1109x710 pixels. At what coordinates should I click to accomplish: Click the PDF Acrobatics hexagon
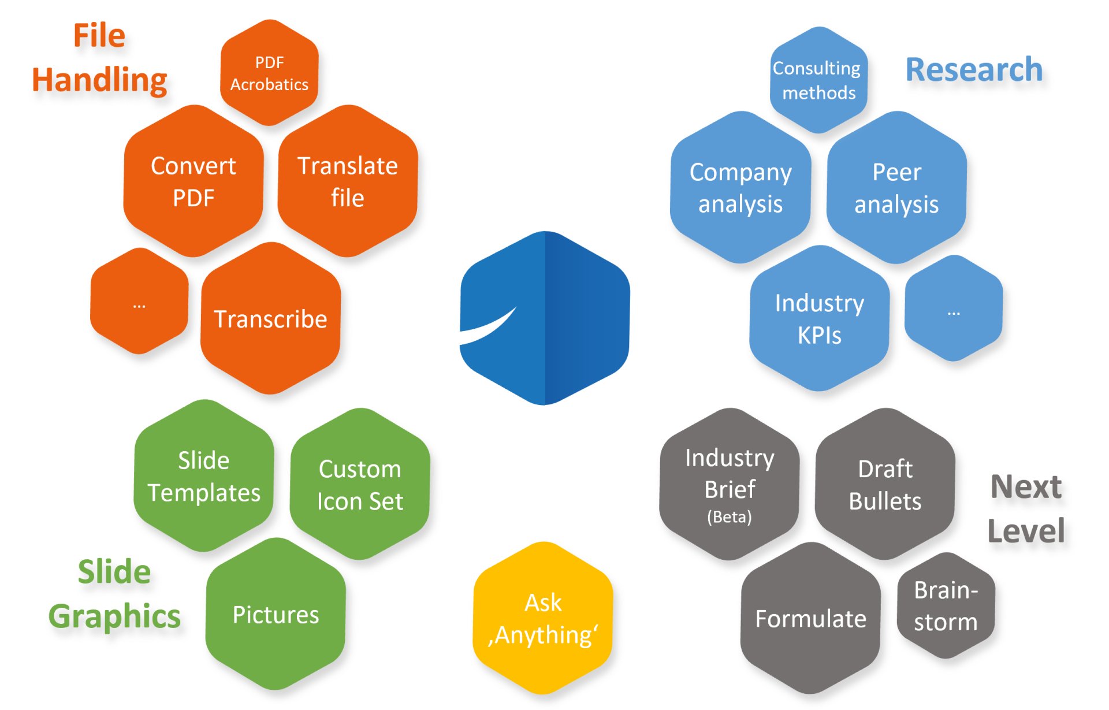coord(269,73)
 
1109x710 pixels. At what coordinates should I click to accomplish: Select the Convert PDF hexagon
coord(193,181)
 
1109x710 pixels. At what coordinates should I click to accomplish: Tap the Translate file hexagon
coord(348,181)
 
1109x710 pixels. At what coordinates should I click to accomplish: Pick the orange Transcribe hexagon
coord(270,318)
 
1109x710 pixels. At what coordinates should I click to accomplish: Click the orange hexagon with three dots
coord(139,302)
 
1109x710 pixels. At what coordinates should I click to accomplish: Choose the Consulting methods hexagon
coord(818,80)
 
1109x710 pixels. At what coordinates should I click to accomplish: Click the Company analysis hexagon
coord(740,188)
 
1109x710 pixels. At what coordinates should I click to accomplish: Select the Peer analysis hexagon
coord(896,188)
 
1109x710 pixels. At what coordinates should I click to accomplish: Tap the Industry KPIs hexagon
coord(819,318)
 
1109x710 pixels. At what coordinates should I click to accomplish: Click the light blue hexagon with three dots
coord(954,308)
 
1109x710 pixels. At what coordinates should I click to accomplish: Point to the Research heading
coord(974,70)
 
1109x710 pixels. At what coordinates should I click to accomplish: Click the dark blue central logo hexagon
coord(544,318)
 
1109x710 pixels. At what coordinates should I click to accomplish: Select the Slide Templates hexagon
coord(204,475)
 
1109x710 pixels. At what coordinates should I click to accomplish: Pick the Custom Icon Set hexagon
coord(360,485)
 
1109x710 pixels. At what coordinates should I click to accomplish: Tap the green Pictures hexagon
coord(276,614)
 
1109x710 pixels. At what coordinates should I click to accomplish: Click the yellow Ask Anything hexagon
coord(543,618)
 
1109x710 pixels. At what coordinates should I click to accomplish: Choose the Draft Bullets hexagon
coord(885,485)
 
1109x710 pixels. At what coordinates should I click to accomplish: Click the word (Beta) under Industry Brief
coord(730,516)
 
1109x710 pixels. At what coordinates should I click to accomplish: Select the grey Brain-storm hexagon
coord(946,605)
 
